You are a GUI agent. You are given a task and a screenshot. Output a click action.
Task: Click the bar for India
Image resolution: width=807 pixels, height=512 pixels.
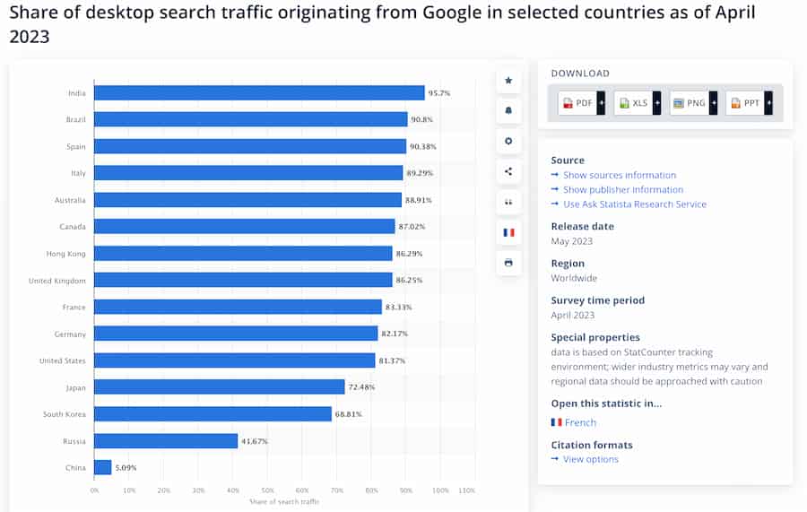[x=259, y=93]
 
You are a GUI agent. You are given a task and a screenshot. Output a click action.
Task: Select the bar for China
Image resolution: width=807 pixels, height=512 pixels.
[x=103, y=467]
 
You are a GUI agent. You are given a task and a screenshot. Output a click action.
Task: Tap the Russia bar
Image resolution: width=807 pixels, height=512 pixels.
[x=166, y=441]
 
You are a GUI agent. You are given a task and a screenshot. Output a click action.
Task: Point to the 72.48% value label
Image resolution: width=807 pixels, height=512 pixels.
[x=362, y=387]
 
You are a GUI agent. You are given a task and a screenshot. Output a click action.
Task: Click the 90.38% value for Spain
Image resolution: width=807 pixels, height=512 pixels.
[x=424, y=147]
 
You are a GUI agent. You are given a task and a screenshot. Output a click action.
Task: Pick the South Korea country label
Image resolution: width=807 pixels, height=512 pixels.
[x=65, y=414]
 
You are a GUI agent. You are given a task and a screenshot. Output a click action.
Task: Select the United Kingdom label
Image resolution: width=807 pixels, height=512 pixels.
[x=57, y=281]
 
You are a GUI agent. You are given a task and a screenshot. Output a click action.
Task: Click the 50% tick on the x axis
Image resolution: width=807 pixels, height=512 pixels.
[x=267, y=490]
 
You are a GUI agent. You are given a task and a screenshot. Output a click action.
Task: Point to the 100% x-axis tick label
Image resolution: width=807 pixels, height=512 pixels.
[x=440, y=490]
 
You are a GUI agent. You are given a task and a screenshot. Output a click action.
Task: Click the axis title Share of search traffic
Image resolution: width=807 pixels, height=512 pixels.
[x=284, y=500]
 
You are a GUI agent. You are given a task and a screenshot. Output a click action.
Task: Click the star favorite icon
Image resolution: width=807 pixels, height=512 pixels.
[x=508, y=81]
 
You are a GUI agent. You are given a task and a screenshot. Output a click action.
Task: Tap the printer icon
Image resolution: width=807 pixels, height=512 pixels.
[x=508, y=263]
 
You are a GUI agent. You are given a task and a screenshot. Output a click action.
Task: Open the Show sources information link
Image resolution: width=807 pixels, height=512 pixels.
[x=619, y=176]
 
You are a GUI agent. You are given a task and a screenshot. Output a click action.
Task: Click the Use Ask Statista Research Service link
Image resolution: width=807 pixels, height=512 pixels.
[x=634, y=204]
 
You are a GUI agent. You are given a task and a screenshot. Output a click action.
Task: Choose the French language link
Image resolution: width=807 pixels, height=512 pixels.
[x=579, y=422]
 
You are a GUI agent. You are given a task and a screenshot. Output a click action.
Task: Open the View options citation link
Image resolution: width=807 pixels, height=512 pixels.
[x=590, y=459]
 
